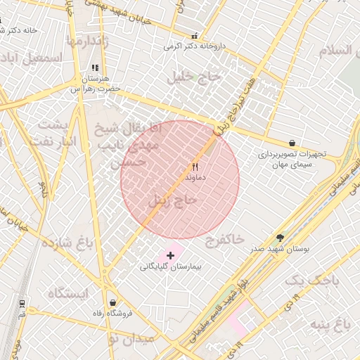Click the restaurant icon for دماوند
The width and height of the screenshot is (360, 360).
pyautogui.click(x=195, y=167)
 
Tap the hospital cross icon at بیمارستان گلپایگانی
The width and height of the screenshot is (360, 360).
pyautogui.click(x=170, y=255)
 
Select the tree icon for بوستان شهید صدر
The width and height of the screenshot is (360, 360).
pyautogui.click(x=281, y=238)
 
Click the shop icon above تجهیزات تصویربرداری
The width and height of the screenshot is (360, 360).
pyautogui.click(x=292, y=143)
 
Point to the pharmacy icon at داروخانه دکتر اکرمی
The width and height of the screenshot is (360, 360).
pyautogui.click(x=195, y=35)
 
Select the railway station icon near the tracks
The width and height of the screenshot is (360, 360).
pyautogui.click(x=22, y=304)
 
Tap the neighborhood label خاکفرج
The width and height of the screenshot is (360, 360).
pyautogui.click(x=224, y=241)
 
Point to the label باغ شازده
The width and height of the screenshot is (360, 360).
pyautogui.click(x=67, y=244)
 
